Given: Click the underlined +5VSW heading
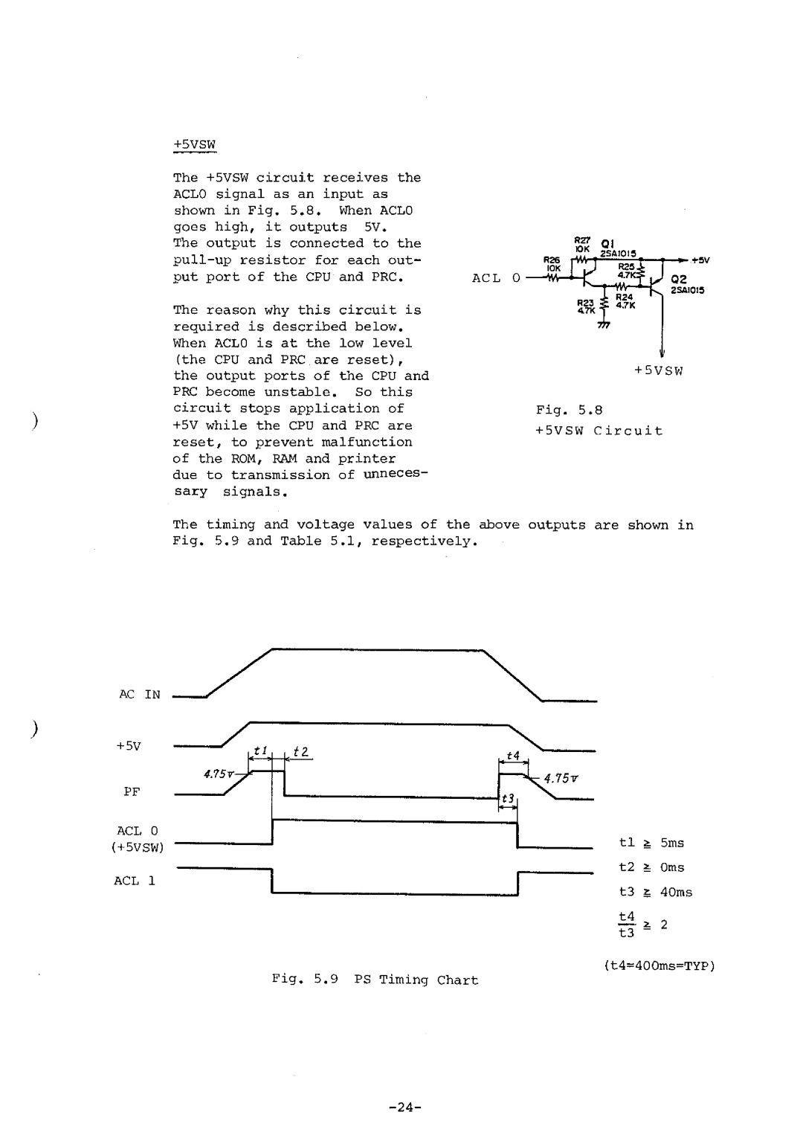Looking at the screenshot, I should (x=194, y=144).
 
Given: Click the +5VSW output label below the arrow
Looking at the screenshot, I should (x=660, y=370).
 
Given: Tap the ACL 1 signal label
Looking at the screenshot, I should (x=135, y=881).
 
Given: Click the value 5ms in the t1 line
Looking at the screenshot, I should (x=671, y=843).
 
